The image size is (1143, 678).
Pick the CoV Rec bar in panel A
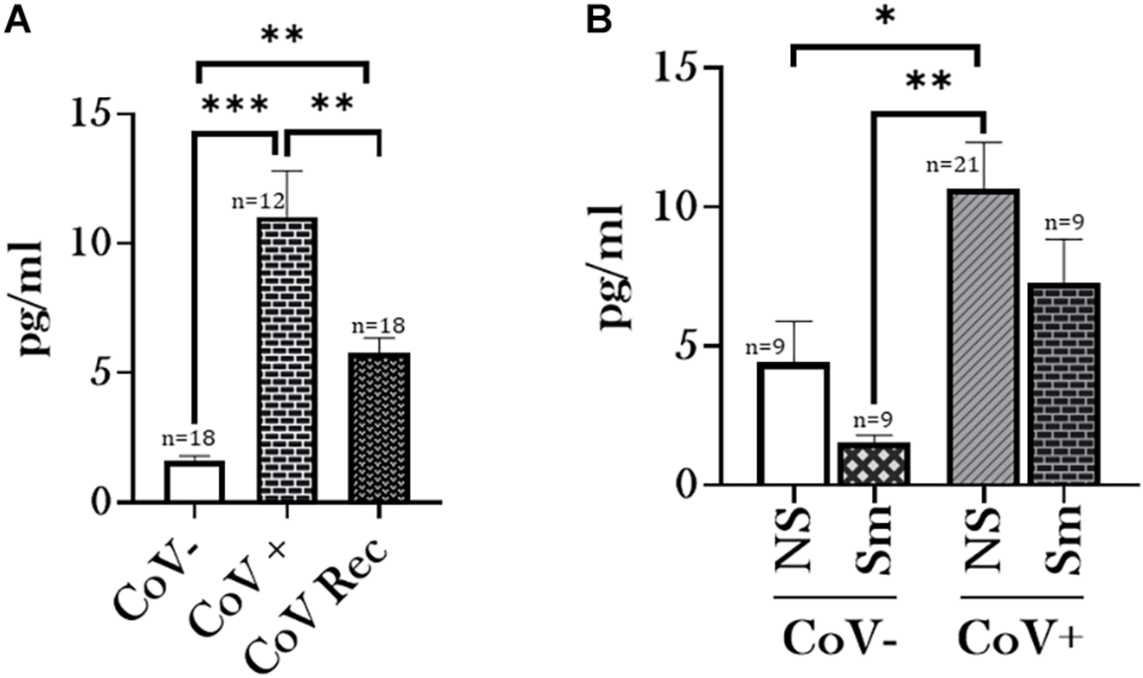tap(379, 427)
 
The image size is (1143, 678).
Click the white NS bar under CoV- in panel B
tap(793, 423)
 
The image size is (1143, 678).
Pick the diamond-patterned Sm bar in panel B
tap(873, 464)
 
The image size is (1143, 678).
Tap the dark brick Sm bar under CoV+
tap(1064, 384)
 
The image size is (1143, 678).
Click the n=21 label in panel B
tap(952, 166)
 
